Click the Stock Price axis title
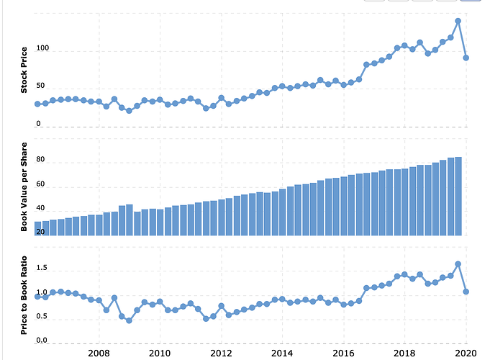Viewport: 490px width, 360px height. (24, 70)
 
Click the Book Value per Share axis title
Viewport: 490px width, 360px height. (24, 186)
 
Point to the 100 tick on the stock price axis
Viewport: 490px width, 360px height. (41, 50)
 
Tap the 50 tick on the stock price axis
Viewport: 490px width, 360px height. (41, 87)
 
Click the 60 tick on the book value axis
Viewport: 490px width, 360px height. (41, 187)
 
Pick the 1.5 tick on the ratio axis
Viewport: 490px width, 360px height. (41, 269)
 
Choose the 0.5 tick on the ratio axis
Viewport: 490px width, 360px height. (41, 317)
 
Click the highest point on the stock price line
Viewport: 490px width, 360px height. (458, 21)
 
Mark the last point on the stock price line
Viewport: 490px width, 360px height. (466, 58)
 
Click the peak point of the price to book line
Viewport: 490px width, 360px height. (458, 264)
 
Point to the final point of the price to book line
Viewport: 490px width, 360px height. (466, 292)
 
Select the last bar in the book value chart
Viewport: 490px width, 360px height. (458, 196)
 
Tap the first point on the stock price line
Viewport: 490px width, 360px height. (37, 104)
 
